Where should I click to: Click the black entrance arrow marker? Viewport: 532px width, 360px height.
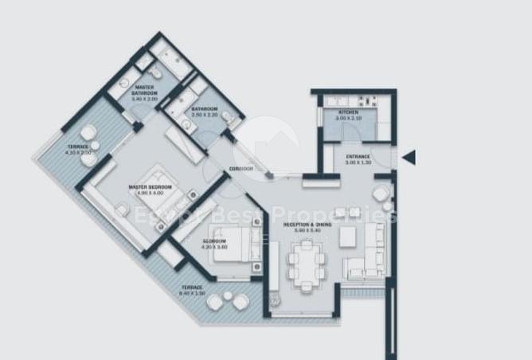(409, 158)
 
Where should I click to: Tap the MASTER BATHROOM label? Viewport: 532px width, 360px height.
(144, 90)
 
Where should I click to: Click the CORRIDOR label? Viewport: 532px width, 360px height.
(241, 169)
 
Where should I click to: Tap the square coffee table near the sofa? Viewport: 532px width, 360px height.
(348, 237)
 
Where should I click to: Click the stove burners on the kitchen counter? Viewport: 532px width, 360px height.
(369, 101)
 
